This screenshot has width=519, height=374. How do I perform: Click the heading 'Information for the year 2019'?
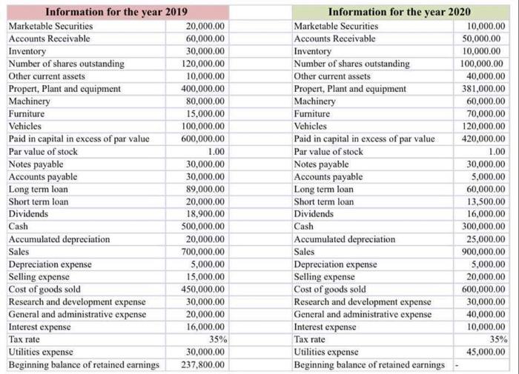116,12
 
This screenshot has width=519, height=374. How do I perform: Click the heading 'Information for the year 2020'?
399,12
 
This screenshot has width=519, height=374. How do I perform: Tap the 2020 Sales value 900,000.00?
483,252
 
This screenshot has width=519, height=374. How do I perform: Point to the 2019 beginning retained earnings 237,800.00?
205,364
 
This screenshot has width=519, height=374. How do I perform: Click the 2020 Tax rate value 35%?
495,339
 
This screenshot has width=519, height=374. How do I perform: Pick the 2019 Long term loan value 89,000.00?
207,189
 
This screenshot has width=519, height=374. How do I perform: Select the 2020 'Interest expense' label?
325,327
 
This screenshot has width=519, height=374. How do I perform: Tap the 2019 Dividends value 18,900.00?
207,214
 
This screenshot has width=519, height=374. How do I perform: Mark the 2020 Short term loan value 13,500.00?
485,201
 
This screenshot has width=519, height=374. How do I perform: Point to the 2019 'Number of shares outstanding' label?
66,64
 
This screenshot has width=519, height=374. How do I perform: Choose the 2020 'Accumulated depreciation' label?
345,239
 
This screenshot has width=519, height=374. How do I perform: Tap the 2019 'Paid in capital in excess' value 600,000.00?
205,138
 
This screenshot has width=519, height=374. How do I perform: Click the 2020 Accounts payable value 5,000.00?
488,176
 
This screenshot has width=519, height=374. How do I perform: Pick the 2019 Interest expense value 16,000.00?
207,327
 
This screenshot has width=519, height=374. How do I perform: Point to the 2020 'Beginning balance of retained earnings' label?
369,364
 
